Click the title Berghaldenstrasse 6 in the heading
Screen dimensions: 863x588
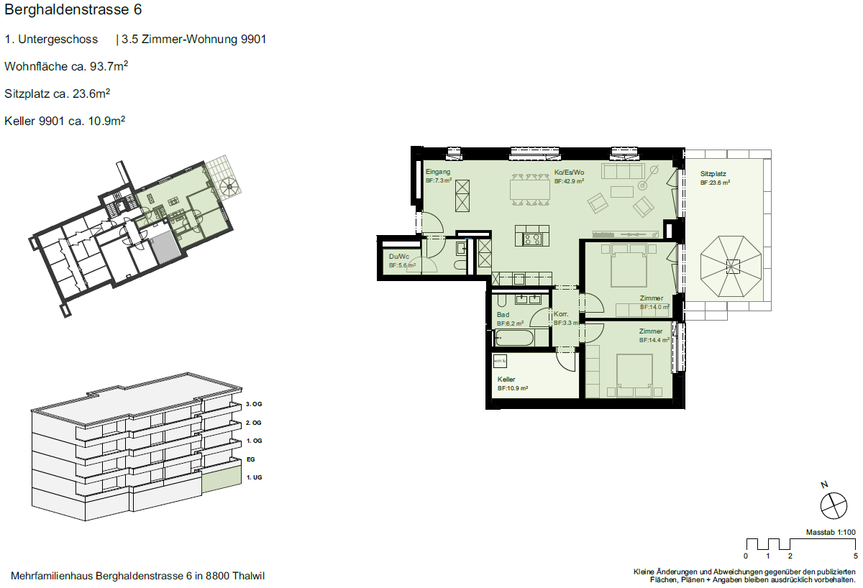point(73,9)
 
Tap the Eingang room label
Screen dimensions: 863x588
point(438,172)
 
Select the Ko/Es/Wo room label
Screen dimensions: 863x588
point(569,173)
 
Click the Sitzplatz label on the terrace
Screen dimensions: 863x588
point(713,174)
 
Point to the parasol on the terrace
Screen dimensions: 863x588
point(731,267)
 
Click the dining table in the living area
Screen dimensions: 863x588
point(530,190)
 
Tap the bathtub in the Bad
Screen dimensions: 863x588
point(514,338)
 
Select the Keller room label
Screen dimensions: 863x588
point(506,380)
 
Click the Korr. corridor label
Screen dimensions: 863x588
point(561,314)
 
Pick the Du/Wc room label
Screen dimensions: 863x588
point(398,257)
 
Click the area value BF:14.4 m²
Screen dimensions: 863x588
point(654,340)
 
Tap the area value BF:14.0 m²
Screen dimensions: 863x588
point(654,307)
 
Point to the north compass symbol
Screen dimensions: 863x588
point(834,505)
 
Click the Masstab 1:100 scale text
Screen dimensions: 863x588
point(831,532)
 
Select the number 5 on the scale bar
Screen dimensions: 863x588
point(856,556)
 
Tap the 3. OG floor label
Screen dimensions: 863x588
point(254,404)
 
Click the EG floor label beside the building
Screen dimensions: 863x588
point(251,459)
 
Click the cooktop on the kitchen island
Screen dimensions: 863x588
point(532,239)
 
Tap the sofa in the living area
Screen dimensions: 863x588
point(623,171)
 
